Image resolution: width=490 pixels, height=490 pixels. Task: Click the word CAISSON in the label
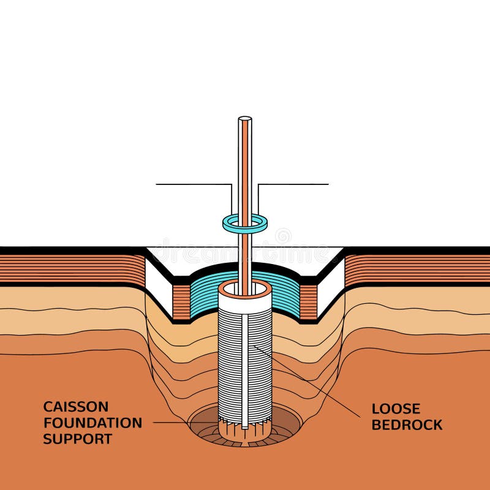pos(75,407)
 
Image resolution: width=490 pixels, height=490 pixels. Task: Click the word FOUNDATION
pos(92,423)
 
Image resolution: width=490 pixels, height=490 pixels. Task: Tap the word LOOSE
pos(396,409)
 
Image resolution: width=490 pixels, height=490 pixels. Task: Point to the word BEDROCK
pos(407,424)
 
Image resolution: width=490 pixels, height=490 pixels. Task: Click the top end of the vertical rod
pos(245,119)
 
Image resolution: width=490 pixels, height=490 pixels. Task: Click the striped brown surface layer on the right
pos(417,269)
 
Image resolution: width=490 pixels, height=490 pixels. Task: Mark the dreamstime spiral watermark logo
pos(283,236)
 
